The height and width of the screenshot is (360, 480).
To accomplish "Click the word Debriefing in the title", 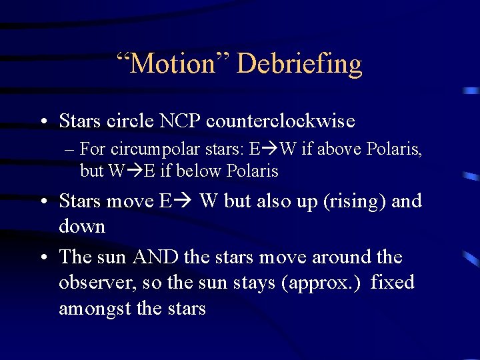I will (299, 64).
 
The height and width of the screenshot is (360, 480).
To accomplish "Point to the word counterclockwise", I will (281, 121).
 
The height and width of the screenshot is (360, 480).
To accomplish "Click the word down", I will (82, 227).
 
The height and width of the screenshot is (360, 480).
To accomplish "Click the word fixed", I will (392, 283).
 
